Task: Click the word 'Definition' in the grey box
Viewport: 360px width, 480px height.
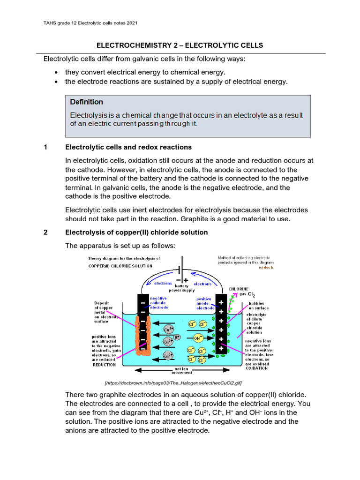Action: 86,102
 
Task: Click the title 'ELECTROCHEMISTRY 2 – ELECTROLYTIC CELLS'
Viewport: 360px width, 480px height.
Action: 180,45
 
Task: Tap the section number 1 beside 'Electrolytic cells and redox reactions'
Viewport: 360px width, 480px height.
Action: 45,147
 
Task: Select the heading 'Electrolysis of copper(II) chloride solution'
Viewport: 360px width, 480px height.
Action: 136,232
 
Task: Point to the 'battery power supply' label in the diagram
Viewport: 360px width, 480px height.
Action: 181,288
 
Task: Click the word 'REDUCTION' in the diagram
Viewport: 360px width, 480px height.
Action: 104,364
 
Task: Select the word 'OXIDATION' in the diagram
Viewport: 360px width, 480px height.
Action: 256,368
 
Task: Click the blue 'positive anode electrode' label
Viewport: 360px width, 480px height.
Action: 205,303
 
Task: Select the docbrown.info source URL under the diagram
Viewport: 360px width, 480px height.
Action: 180,383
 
